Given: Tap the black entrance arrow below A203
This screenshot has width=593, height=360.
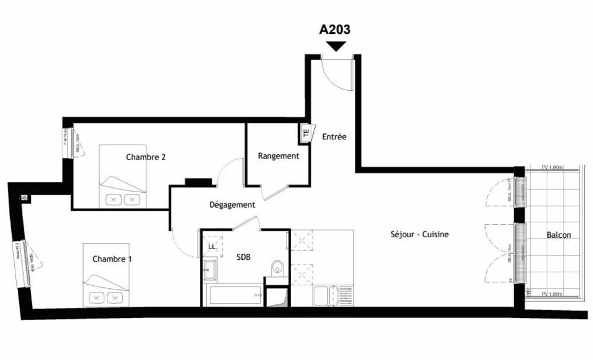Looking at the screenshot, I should [x=337, y=46].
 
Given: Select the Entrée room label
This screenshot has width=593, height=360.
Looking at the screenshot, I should [x=334, y=136].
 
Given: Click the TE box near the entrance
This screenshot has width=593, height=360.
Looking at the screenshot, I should [x=306, y=133].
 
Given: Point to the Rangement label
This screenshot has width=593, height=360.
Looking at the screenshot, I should [x=278, y=156].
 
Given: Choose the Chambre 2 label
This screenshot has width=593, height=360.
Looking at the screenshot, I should [x=145, y=157].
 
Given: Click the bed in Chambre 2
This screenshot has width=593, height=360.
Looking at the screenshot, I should [x=122, y=175].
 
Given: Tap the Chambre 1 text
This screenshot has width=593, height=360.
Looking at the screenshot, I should [x=112, y=259].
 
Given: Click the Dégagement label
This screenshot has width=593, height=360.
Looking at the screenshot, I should [x=232, y=205].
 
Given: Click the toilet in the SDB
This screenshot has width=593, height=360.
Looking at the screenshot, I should [x=278, y=269].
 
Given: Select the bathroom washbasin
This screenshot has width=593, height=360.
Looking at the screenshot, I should [x=210, y=270].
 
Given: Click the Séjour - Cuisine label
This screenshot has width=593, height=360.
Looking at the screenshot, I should [x=419, y=234].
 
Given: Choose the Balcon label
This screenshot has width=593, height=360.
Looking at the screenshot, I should [x=559, y=235].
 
